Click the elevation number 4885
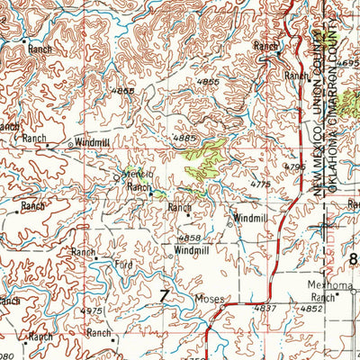(x=184, y=138)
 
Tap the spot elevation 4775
(x=261, y=184)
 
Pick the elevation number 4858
(x=189, y=238)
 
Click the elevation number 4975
(x=92, y=310)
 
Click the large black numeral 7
(x=164, y=296)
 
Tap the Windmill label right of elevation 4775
(x=251, y=219)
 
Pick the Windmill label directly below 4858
(x=192, y=250)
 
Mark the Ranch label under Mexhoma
(x=323, y=296)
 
